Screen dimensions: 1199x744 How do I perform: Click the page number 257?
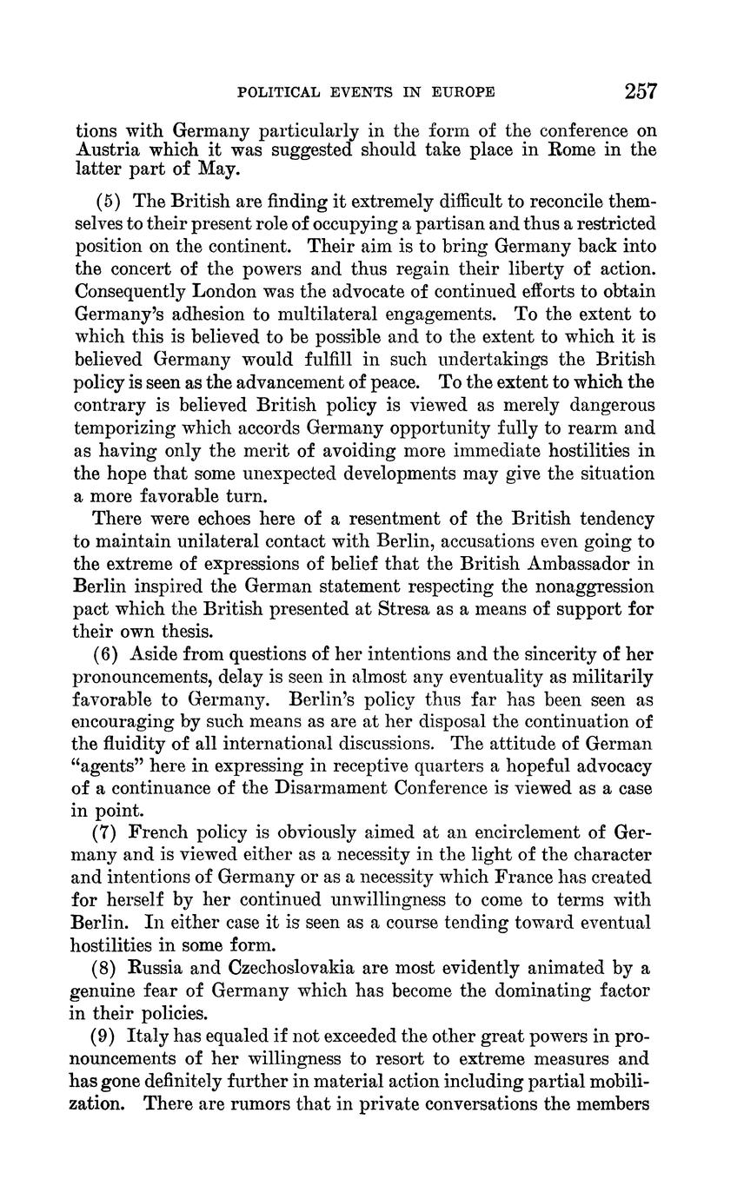point(640,91)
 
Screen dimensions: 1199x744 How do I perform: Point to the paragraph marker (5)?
point(105,202)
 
